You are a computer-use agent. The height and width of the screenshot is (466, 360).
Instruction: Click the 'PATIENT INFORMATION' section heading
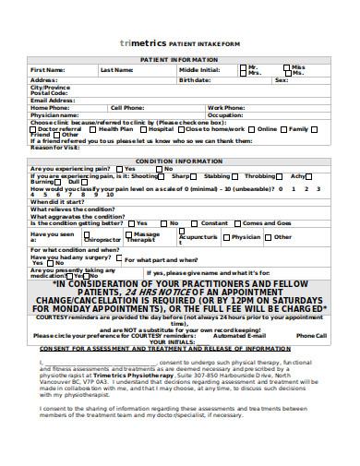click(179, 59)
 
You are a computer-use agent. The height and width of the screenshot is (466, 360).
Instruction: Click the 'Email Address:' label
click(53, 100)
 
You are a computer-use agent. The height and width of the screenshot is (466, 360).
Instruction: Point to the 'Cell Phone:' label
click(127, 107)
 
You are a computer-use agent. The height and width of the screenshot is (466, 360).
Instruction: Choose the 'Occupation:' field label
click(225, 114)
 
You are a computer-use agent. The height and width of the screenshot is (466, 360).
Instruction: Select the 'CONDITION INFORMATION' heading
click(180, 161)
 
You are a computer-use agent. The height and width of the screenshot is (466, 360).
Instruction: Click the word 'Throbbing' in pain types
click(261, 175)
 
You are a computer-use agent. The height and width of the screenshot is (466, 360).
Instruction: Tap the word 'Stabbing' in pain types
click(218, 175)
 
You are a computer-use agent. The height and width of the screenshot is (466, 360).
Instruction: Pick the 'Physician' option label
click(246, 236)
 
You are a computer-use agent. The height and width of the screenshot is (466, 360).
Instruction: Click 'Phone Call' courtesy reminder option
click(311, 310)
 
